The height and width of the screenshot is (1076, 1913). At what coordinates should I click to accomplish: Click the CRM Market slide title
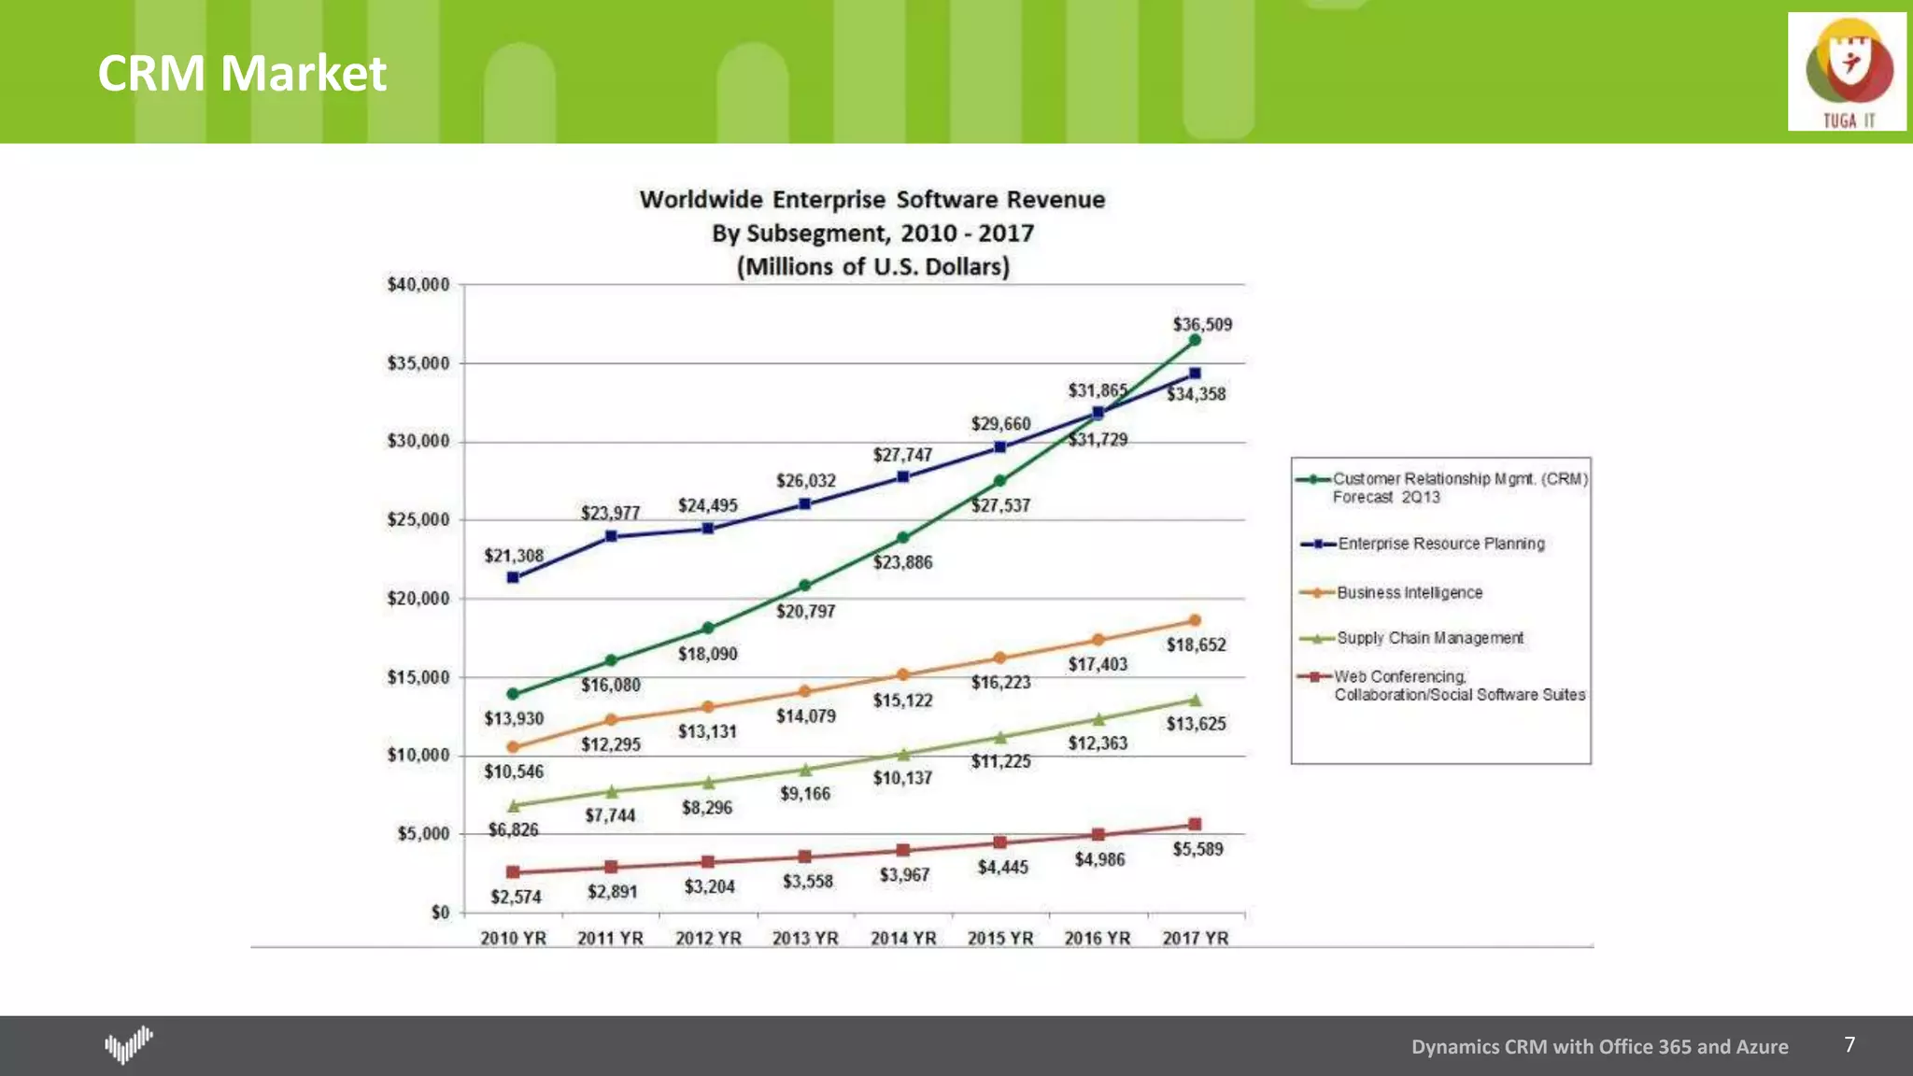[x=242, y=73]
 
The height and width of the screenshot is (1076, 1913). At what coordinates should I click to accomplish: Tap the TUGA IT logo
[x=1847, y=72]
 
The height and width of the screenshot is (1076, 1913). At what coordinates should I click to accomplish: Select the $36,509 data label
[x=1202, y=324]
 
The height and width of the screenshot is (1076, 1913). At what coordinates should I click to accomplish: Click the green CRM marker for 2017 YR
[x=1195, y=340]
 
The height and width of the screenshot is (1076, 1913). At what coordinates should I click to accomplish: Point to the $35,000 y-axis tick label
[x=418, y=362]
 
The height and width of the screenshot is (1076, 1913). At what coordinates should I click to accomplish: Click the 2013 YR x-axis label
[x=805, y=938]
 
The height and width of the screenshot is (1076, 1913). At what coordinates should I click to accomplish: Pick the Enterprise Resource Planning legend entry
[x=1440, y=544]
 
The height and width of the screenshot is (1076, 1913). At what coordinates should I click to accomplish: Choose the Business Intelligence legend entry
[x=1409, y=592]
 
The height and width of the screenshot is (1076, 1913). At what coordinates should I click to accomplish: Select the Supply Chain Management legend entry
[x=1429, y=638]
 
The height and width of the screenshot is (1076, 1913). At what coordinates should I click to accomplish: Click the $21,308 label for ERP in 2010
[x=514, y=556]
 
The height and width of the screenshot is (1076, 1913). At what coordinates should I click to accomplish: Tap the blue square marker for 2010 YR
[x=513, y=577]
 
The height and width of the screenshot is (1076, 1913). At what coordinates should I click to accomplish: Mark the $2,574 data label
[x=516, y=897]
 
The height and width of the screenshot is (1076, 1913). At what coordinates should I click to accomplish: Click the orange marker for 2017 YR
[x=1195, y=620]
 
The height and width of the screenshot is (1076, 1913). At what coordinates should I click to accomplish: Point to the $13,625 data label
[x=1196, y=724]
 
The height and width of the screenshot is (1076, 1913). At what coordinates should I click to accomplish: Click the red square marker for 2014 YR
[x=902, y=850]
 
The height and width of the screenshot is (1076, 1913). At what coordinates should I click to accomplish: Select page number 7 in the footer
[x=1849, y=1044]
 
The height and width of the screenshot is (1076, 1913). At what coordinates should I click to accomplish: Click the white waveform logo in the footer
[x=128, y=1044]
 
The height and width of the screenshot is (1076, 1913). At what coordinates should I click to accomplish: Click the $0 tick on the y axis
[x=440, y=912]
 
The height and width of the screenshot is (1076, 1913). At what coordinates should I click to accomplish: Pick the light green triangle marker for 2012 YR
[x=708, y=783]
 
